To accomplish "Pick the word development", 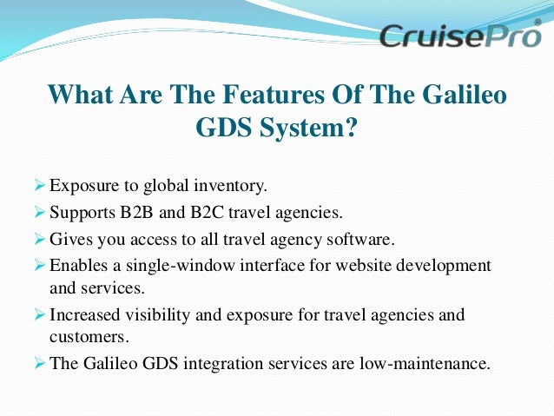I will [x=442, y=265].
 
